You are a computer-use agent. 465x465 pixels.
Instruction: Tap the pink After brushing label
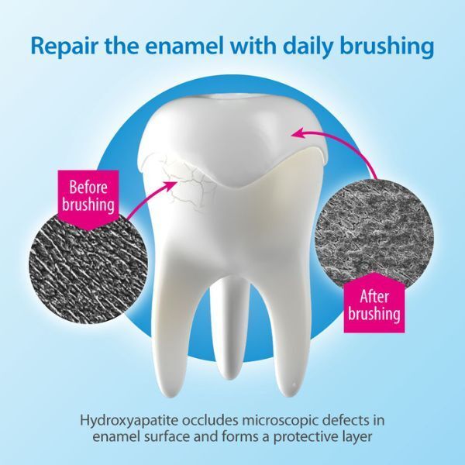(374, 305)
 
